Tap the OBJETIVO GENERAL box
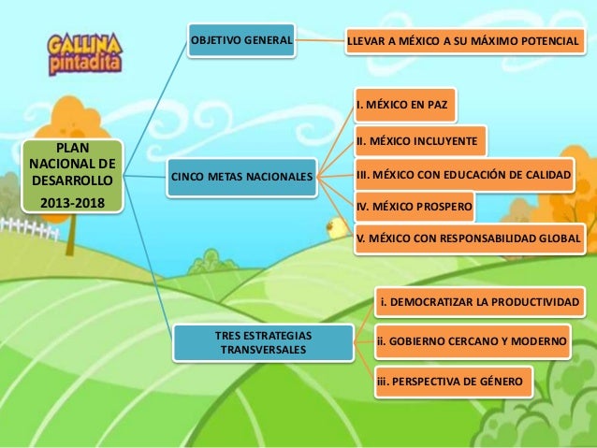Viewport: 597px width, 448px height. tap(241, 40)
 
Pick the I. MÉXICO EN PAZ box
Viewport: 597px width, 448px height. tap(405, 105)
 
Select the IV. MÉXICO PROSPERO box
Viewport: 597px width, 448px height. tap(414, 206)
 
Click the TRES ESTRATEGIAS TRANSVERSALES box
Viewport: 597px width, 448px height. tap(264, 341)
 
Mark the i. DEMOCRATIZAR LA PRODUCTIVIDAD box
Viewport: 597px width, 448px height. tap(479, 302)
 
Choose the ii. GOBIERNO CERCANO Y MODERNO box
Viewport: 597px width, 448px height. tap(471, 342)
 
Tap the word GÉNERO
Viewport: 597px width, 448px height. tap(502, 383)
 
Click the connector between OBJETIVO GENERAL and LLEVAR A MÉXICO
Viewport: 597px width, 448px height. tap(317, 41)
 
